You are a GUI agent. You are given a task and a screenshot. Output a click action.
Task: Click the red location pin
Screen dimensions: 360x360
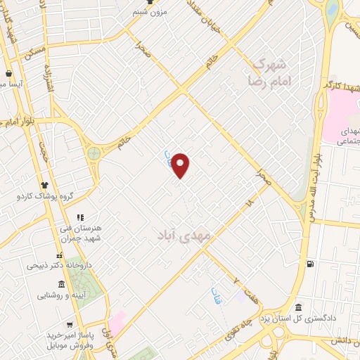click(x=181, y=165)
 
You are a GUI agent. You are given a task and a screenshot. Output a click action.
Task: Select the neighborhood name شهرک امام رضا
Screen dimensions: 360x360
click(x=271, y=72)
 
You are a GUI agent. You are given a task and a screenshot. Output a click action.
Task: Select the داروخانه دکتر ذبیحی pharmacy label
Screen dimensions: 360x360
click(x=56, y=265)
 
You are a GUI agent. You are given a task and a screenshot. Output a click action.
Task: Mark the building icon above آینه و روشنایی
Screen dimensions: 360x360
click(x=61, y=284)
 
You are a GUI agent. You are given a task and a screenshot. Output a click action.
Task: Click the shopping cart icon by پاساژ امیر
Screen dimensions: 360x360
click(x=69, y=325)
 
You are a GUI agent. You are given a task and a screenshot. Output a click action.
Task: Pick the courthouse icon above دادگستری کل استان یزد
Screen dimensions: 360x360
click(x=300, y=308)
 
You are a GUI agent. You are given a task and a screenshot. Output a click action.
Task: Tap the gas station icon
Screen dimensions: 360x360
click(x=311, y=264)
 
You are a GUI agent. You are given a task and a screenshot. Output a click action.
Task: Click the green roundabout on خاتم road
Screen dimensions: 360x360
click(x=93, y=153)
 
